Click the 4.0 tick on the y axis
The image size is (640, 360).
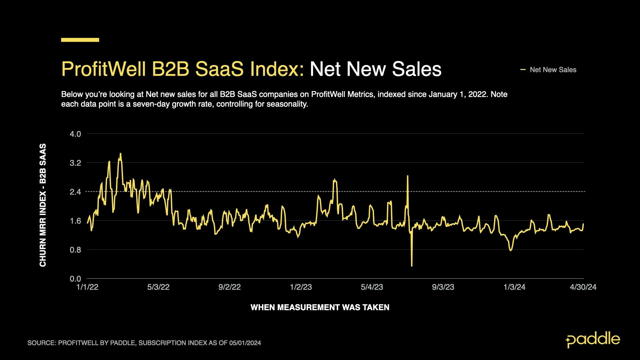pos(75,134)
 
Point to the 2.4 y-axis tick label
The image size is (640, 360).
pos(75,192)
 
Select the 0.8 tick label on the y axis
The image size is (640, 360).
pos(75,250)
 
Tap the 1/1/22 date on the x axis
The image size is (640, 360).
pos(87,287)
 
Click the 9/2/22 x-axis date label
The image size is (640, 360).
pos(229,287)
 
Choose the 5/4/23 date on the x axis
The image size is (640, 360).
pos(372,287)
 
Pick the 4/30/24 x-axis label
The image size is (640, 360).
pos(583,287)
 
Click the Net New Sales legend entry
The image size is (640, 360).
pos(552,70)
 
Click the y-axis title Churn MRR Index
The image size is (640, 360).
pos(43,205)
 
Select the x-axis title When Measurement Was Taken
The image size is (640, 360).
pos(320,307)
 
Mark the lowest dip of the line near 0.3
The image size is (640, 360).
pos(412,266)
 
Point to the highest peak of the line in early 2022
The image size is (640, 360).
pos(120,154)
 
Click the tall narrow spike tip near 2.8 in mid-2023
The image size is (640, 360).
pos(408,176)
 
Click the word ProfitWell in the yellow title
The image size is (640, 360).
pos(103,69)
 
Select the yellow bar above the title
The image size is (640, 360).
pos(80,40)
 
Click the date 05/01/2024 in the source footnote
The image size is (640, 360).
pos(245,343)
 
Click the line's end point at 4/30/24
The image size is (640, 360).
pos(583,224)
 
